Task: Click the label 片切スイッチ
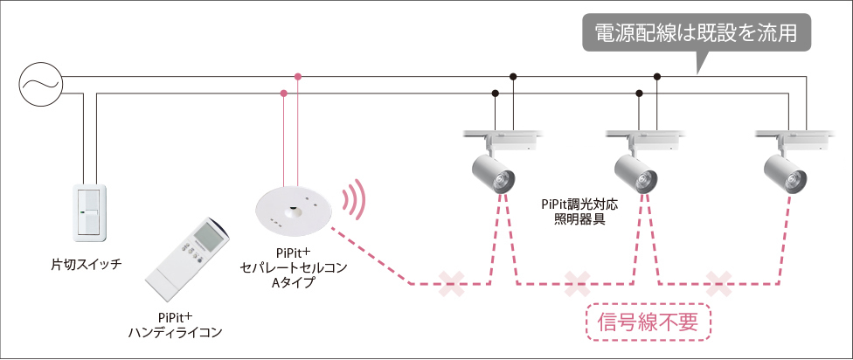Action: click(x=85, y=262)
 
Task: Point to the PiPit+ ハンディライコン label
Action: click(x=175, y=324)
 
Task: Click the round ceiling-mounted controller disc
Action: click(x=292, y=210)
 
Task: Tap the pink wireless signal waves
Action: click(x=353, y=201)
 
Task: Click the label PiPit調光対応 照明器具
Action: click(x=579, y=212)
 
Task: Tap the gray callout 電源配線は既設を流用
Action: click(x=696, y=35)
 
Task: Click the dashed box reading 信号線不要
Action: click(x=648, y=322)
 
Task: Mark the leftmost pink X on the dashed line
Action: click(x=453, y=283)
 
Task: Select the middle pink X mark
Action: click(x=578, y=283)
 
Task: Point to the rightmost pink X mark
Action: click(x=718, y=283)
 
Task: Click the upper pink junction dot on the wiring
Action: click(x=298, y=78)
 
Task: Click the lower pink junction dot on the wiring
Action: click(x=284, y=93)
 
